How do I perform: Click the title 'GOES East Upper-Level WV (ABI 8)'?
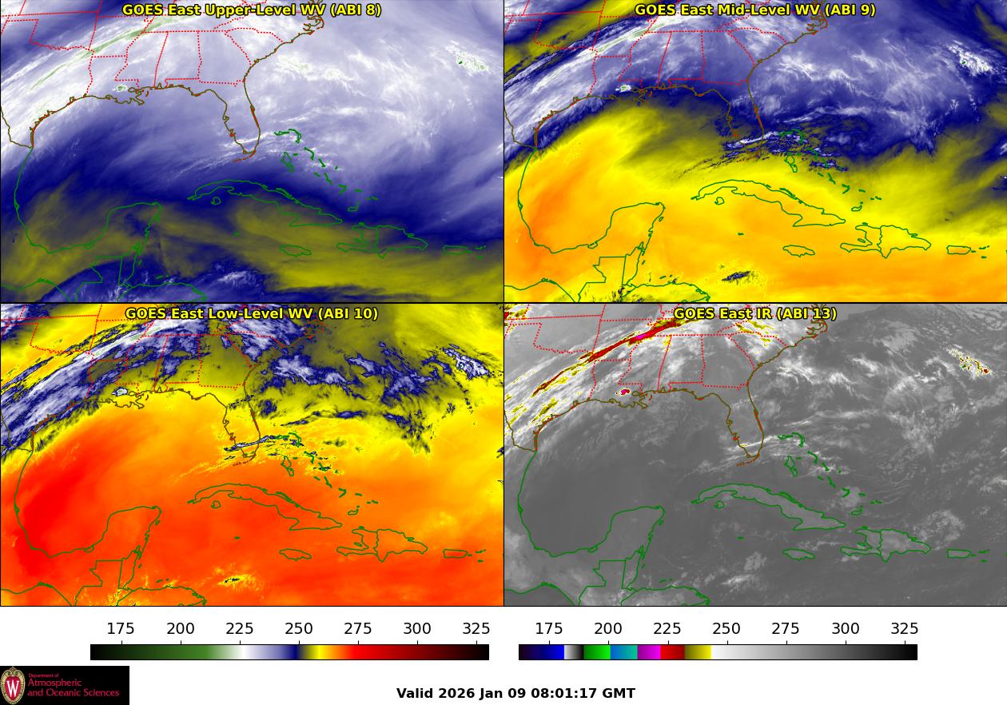pyautogui.click(x=252, y=10)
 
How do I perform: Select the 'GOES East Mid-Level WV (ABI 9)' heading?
pyautogui.click(x=754, y=10)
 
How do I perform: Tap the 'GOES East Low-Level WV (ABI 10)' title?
pyautogui.click(x=252, y=313)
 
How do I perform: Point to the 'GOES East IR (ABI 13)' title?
pyautogui.click(x=754, y=313)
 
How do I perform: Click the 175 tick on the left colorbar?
pyautogui.click(x=121, y=629)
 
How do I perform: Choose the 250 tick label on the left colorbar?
pyautogui.click(x=299, y=629)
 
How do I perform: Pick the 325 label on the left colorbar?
pyautogui.click(x=476, y=629)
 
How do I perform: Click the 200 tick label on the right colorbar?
pyautogui.click(x=608, y=629)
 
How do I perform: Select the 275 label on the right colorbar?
pyautogui.click(x=786, y=629)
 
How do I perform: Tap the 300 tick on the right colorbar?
pyautogui.click(x=845, y=629)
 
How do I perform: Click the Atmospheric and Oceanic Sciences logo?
pyautogui.click(x=64, y=685)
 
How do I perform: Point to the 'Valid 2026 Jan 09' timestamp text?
pyautogui.click(x=515, y=693)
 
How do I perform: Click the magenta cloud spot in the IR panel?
pyautogui.click(x=624, y=392)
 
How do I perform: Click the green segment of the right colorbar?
pyautogui.click(x=597, y=652)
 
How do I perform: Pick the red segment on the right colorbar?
pyautogui.click(x=673, y=652)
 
